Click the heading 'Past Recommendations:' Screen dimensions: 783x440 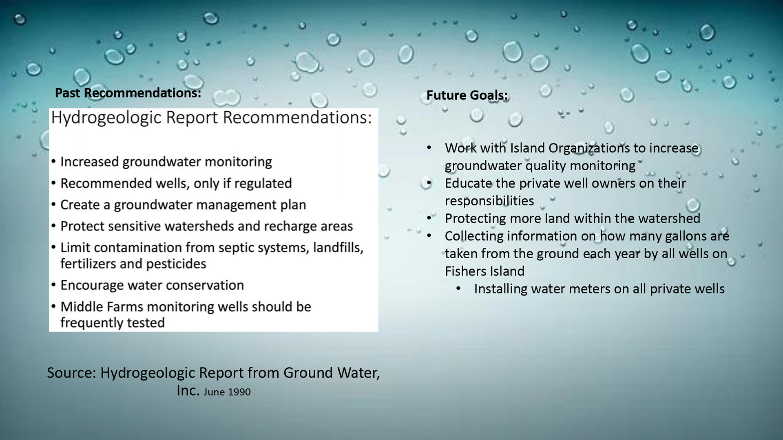[x=128, y=93]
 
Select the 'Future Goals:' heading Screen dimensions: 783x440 [x=467, y=95]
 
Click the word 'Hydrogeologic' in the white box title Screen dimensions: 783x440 [x=106, y=118]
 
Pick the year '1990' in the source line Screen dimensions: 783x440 [x=239, y=392]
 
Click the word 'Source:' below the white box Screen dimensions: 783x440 [x=71, y=373]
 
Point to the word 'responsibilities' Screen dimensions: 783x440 [x=489, y=201]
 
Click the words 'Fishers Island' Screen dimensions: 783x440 [x=484, y=271]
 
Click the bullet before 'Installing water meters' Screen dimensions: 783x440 [x=458, y=289]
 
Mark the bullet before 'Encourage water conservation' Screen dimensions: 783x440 [x=53, y=285]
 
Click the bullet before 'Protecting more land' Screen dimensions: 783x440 [x=429, y=218]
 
